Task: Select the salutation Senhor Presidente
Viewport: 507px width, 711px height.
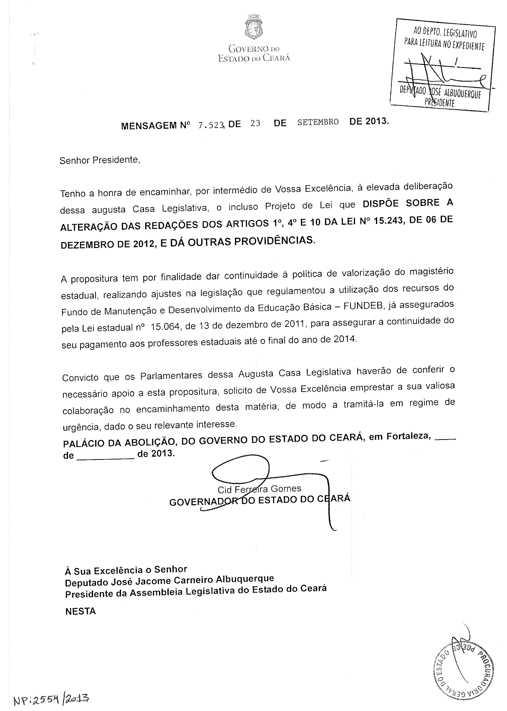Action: tap(100, 160)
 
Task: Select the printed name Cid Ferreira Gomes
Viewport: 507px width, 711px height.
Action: tap(259, 489)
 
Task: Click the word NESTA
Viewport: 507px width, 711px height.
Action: tap(81, 611)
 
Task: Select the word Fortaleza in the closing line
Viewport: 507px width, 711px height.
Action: tap(408, 437)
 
